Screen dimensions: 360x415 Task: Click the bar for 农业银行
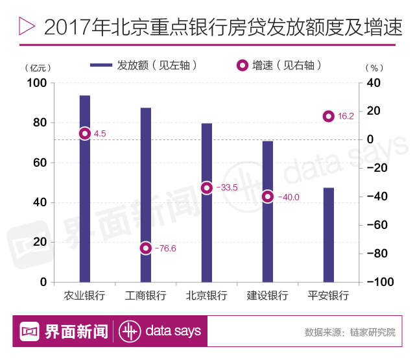coord(84,195)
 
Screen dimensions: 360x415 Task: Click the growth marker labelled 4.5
coord(84,134)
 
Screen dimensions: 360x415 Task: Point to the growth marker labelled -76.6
coord(145,248)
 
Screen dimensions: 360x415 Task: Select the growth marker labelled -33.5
coord(206,187)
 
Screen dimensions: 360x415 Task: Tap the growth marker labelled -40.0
coord(267,197)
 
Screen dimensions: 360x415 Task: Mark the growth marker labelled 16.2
coord(328,117)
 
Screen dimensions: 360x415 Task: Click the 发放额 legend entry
coord(143,65)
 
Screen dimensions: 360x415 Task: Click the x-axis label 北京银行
coord(206,296)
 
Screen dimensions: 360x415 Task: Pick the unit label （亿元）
coord(37,67)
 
